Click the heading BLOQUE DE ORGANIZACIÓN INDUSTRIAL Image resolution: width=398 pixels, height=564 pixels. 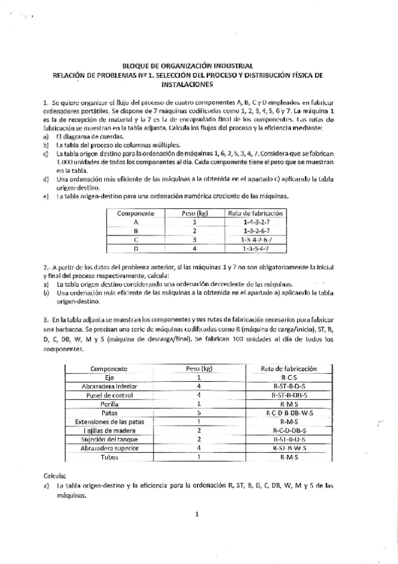coord(199,67)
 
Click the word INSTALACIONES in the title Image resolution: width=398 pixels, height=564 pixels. coord(199,85)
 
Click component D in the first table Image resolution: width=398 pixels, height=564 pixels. coord(136,248)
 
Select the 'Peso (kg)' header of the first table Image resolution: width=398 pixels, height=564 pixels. coord(195,213)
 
